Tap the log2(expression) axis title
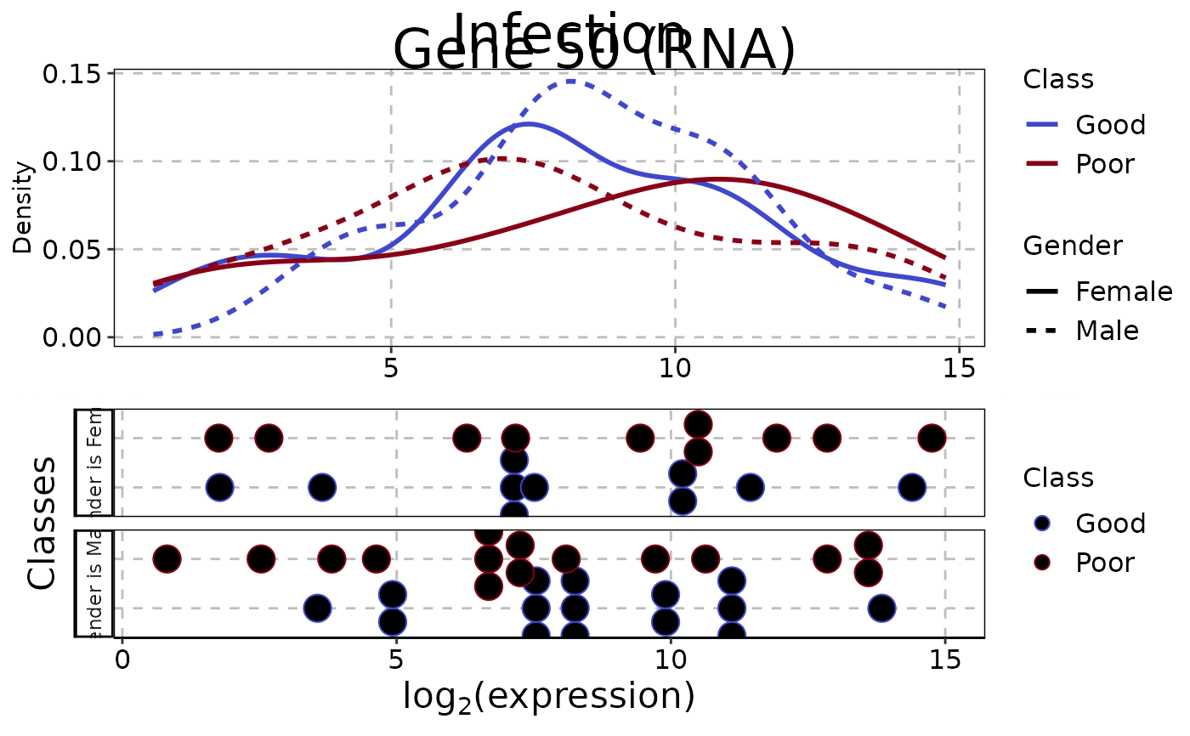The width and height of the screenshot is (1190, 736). pos(548,697)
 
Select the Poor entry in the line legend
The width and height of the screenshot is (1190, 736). pos(1104,164)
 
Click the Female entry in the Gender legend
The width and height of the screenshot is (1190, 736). pos(1122,292)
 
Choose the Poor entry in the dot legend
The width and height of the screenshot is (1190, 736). pos(1104,563)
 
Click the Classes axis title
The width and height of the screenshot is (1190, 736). pos(42,522)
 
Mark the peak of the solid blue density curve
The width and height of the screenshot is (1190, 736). pos(528,124)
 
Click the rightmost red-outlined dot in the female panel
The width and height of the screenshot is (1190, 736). pos(932,439)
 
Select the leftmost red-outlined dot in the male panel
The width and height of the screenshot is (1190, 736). pos(167,559)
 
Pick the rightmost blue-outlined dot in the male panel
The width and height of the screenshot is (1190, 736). pos(881,608)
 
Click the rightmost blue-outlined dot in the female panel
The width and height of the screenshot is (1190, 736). pos(911,487)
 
